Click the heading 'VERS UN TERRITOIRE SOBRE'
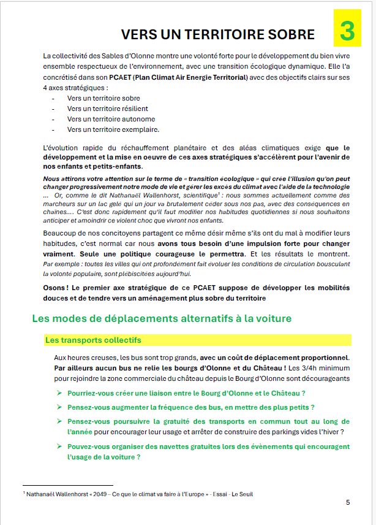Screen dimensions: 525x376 [217, 34]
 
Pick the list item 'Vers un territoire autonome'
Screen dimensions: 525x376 [102, 119]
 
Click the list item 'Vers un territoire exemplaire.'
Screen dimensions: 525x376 [105, 129]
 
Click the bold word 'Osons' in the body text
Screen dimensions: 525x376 [56, 287]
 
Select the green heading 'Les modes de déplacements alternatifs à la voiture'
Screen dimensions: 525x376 [162, 318]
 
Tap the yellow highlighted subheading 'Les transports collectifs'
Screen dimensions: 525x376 [93, 340]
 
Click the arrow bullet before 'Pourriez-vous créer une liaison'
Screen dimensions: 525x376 [59, 393]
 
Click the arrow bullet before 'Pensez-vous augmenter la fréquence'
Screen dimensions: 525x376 [59, 407]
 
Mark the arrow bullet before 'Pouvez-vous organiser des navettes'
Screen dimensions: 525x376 [59, 446]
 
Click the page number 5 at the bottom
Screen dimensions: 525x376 [348, 502]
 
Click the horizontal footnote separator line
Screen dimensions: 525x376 [67, 485]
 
